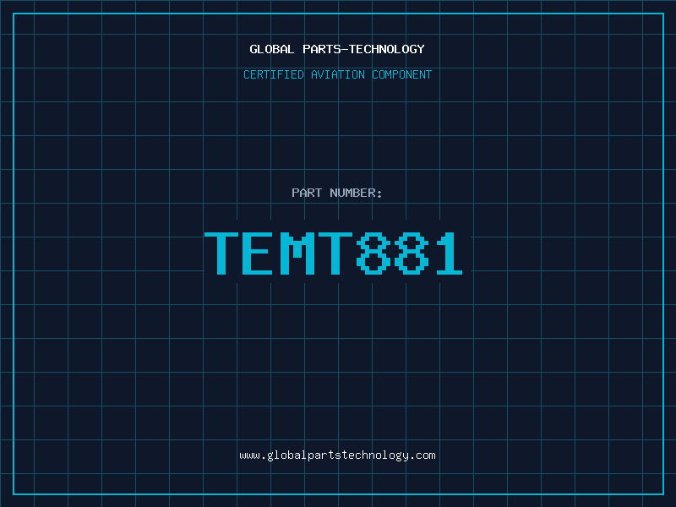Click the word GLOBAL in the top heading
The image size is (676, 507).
271,49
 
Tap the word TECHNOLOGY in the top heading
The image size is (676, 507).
385,49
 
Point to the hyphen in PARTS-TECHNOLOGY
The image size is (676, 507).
342,49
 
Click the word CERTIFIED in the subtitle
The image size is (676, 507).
273,74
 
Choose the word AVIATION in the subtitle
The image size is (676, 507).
337,74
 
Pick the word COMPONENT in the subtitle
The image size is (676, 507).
401,74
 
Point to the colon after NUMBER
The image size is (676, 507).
380,194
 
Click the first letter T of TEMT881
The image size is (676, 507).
223,253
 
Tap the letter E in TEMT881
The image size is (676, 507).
260,253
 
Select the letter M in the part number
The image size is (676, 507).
297,253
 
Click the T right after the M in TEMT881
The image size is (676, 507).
335,253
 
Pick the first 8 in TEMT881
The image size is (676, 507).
372,253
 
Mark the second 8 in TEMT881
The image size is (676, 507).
409,253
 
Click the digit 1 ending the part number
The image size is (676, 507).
446,253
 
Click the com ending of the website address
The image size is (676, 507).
426,455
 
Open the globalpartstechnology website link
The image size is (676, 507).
338,455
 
